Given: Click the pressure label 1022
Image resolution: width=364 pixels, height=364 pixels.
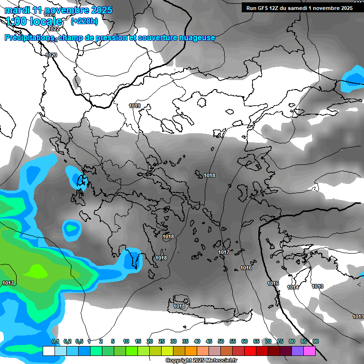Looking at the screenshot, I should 54,29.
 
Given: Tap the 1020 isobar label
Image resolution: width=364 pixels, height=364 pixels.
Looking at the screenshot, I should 51,55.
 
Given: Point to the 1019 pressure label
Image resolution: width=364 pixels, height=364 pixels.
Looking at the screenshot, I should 135,106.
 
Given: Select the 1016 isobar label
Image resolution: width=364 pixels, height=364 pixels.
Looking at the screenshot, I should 246,268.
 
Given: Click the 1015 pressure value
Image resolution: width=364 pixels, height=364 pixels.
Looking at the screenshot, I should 273,283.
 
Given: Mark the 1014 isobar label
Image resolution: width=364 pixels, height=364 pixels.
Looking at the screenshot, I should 293,287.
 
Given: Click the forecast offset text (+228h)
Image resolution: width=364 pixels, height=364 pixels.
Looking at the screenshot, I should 84,21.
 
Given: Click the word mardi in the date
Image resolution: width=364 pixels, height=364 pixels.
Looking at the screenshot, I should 17,10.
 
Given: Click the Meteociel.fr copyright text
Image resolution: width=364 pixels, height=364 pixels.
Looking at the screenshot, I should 201,361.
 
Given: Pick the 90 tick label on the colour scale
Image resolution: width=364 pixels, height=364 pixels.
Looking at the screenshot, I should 316,341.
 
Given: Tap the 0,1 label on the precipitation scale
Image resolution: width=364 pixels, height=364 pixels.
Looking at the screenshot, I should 55,341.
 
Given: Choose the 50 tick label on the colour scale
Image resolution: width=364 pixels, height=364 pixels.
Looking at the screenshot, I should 221,341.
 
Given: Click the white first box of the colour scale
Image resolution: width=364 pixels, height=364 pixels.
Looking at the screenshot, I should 48,351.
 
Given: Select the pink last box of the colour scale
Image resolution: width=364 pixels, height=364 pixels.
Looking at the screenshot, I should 309,351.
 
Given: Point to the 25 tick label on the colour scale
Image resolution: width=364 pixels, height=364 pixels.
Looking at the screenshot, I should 162,341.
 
